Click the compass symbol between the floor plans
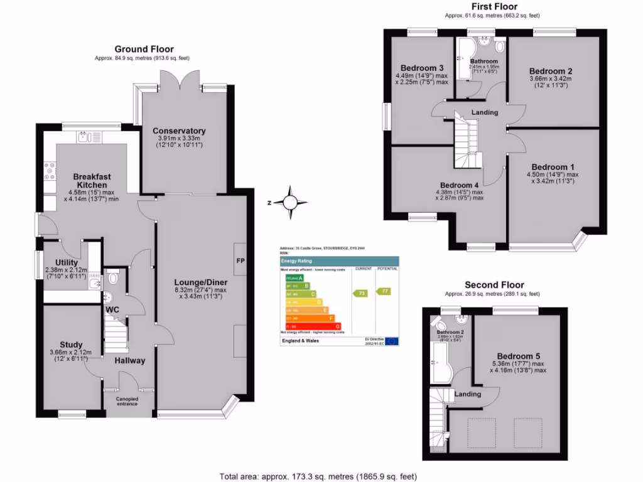tap(289, 203)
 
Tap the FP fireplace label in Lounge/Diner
tap(240, 260)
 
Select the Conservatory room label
tap(179, 131)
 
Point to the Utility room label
tap(66, 262)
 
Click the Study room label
tap(71, 345)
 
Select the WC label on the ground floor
tap(112, 310)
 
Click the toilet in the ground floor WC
tap(113, 276)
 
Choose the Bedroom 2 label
tap(550, 71)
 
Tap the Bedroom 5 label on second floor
tap(518, 356)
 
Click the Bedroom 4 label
tap(460, 185)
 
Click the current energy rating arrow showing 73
tap(360, 293)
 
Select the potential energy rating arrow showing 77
tap(383, 291)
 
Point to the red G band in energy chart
tap(313, 326)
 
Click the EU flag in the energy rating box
tap(392, 341)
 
